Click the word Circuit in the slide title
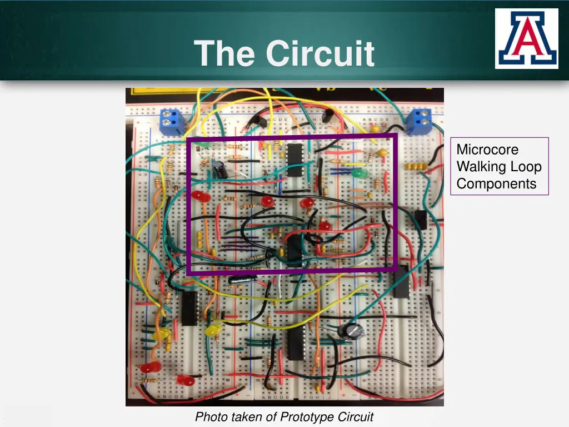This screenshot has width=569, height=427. pyautogui.click(x=320, y=53)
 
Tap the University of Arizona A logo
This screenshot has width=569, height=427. pyautogui.click(x=526, y=38)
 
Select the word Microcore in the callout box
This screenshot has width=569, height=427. pyautogui.click(x=487, y=150)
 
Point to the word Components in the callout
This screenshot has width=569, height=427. pyautogui.click(x=497, y=184)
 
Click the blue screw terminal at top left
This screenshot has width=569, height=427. pyautogui.click(x=172, y=122)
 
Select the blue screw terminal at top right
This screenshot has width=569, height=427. pyautogui.click(x=419, y=122)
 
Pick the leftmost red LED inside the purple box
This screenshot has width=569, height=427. pyautogui.click(x=201, y=196)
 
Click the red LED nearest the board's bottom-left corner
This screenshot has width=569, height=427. pyautogui.click(x=149, y=368)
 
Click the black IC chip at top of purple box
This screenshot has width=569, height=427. pyautogui.click(x=295, y=160)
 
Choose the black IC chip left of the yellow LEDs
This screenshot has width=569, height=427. pyautogui.click(x=190, y=307)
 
